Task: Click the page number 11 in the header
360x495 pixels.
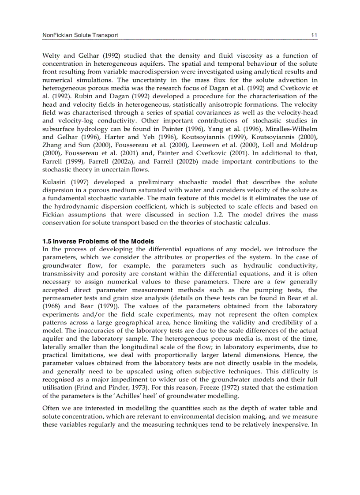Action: point(314,35)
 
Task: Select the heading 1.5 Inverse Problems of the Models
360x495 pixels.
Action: point(98,241)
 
